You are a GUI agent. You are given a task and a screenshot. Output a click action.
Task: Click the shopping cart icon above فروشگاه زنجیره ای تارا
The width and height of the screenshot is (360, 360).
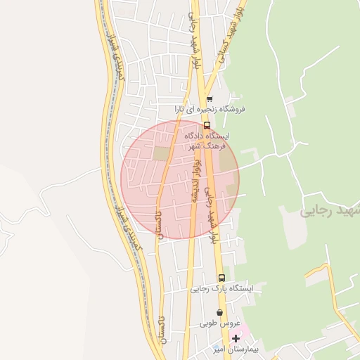click(209, 99)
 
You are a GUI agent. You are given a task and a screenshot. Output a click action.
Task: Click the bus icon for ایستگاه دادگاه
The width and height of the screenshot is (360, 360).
click(206, 125)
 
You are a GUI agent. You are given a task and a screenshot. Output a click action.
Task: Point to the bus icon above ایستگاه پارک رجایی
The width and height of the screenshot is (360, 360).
click(222, 278)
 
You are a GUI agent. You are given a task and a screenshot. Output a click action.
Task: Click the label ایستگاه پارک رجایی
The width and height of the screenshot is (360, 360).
click(225, 288)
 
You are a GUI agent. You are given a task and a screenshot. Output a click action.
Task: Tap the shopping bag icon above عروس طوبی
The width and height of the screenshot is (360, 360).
click(220, 313)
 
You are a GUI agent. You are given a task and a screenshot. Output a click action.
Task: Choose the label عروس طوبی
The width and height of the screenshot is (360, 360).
click(220, 323)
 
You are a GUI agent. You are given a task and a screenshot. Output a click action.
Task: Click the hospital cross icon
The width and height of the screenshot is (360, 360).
click(236, 339)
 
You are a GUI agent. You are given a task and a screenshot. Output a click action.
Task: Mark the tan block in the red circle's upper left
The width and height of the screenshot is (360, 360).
click(162, 153)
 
